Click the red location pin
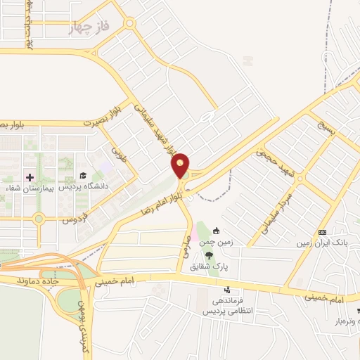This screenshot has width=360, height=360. (181, 165)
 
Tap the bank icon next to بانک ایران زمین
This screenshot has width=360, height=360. (322, 232)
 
